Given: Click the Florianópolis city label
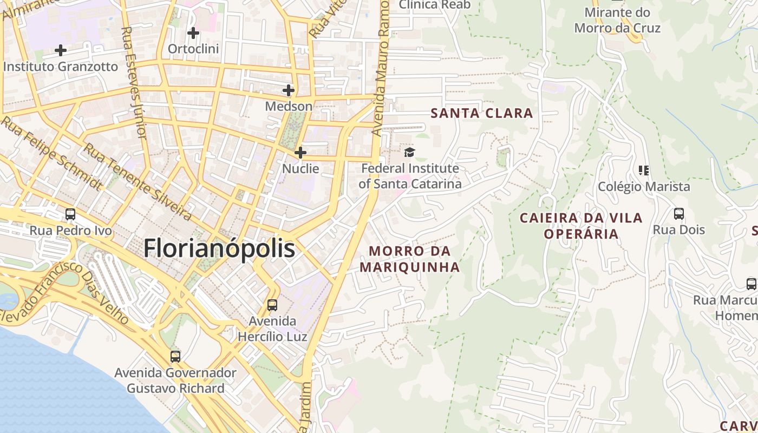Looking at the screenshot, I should (x=219, y=249).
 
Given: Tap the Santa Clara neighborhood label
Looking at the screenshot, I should (x=482, y=113).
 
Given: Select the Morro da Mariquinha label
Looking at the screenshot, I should (x=410, y=259).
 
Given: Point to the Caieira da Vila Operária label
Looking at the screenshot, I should (x=581, y=226).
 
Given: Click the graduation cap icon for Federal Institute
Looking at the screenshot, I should (x=409, y=152).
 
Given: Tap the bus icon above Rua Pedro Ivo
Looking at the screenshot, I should (x=70, y=214).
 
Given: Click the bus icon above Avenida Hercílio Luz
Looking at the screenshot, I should (x=272, y=305).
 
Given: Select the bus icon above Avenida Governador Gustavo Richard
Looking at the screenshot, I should (x=175, y=357).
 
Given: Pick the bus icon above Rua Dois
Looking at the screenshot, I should (x=679, y=214).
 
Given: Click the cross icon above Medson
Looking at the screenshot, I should (x=289, y=90).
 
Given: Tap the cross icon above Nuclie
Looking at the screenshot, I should (x=300, y=153).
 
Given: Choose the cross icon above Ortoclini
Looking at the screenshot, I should (x=193, y=33).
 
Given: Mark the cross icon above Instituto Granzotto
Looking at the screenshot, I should (x=61, y=50).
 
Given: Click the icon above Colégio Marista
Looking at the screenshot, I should (x=644, y=170).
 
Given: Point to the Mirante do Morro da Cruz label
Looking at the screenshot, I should (x=617, y=20).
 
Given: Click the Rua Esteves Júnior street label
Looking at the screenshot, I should (x=135, y=81).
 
